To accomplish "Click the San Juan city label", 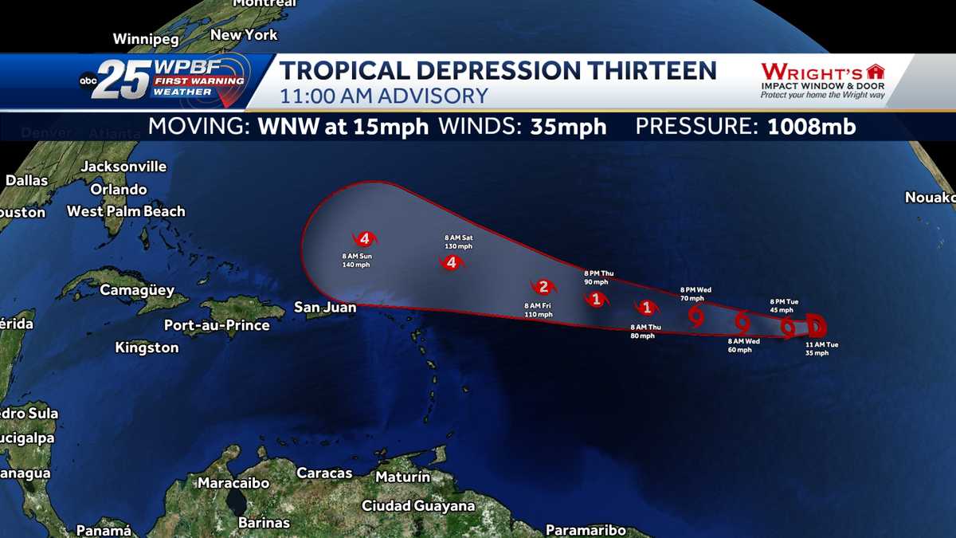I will coord(325,307).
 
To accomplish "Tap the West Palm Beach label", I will coord(126,211).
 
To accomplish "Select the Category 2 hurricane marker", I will coord(543,287).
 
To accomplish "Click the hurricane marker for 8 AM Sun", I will coord(365,238).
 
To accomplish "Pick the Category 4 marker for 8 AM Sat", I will coord(451,262).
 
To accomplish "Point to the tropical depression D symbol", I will coord(817,325).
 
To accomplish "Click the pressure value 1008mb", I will coord(812,127).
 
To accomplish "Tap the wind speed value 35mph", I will coord(568,127).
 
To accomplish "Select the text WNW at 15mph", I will coord(343,127).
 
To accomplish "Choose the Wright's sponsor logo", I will coord(822,81).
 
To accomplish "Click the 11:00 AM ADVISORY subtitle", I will coord(383,96).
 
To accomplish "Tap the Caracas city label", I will coord(324,473).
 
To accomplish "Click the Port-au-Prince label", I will coord(217,325).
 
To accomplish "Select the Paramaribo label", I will coord(586,530).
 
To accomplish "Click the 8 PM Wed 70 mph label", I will coord(695,293).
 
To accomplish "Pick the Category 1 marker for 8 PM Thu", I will coord(596,300).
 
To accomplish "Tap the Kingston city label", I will coord(147,348).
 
